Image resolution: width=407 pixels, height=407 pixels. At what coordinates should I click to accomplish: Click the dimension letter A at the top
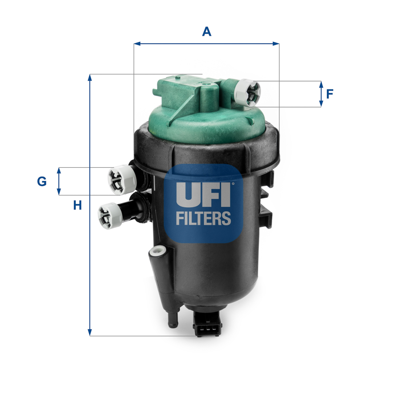point(206,32)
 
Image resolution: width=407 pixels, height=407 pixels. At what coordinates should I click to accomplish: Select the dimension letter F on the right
point(330,94)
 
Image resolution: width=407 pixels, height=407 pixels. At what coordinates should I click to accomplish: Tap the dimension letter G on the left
point(41,181)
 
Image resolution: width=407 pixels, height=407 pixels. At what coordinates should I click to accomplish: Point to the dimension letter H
point(78,205)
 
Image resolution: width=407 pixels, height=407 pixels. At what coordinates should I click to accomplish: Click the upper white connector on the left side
point(121,179)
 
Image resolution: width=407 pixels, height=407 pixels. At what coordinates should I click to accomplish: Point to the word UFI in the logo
point(203,194)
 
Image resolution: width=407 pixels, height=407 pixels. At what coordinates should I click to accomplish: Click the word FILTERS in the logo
point(203,218)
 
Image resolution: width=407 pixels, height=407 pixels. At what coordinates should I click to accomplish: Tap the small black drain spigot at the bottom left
point(171,319)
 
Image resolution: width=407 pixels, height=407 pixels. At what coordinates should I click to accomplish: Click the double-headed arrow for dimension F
point(321,94)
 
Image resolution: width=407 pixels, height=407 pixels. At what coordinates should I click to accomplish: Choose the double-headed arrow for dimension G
point(59,181)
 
